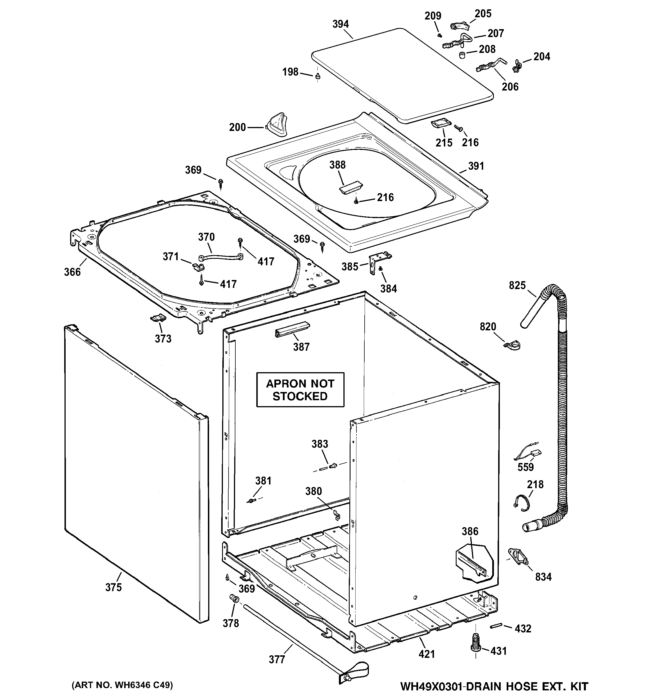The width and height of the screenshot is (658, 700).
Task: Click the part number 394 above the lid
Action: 340,24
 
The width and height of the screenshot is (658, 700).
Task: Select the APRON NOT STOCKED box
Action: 300,390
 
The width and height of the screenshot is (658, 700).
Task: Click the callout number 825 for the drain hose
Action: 517,285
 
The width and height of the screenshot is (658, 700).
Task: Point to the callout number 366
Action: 72,272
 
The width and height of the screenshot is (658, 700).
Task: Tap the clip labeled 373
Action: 158,318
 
